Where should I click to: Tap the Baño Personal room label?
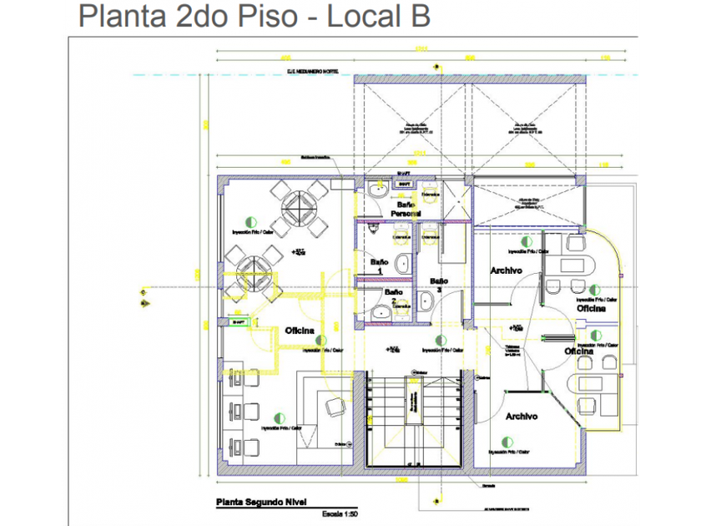coord(406,209)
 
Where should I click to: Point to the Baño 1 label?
coord(380,266)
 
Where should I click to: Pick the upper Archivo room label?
coord(507,271)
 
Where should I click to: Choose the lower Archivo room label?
coord(521,416)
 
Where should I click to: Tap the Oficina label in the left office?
coord(299,331)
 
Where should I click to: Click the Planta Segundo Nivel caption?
coord(260,503)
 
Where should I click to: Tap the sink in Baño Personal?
coord(376,190)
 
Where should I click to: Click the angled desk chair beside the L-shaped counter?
coord(335,407)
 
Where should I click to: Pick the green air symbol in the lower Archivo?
coord(504,441)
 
